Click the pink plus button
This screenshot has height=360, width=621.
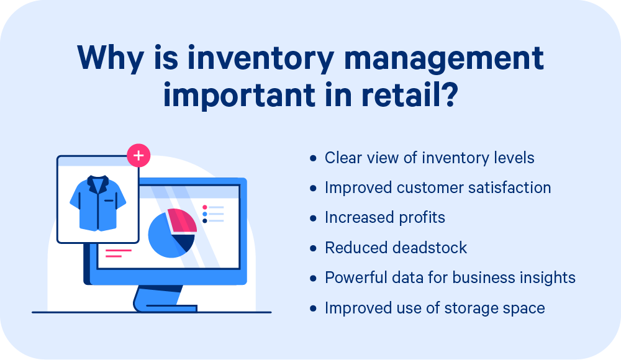(x=138, y=156)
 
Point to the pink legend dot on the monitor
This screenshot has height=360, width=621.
(x=205, y=207)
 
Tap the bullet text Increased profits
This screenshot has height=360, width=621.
(x=385, y=217)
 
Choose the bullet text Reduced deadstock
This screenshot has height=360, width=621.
(x=396, y=248)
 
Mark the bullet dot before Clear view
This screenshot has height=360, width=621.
(x=313, y=158)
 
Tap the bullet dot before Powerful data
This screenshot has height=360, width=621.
(x=313, y=278)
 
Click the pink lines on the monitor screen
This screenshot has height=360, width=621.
(x=118, y=253)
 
